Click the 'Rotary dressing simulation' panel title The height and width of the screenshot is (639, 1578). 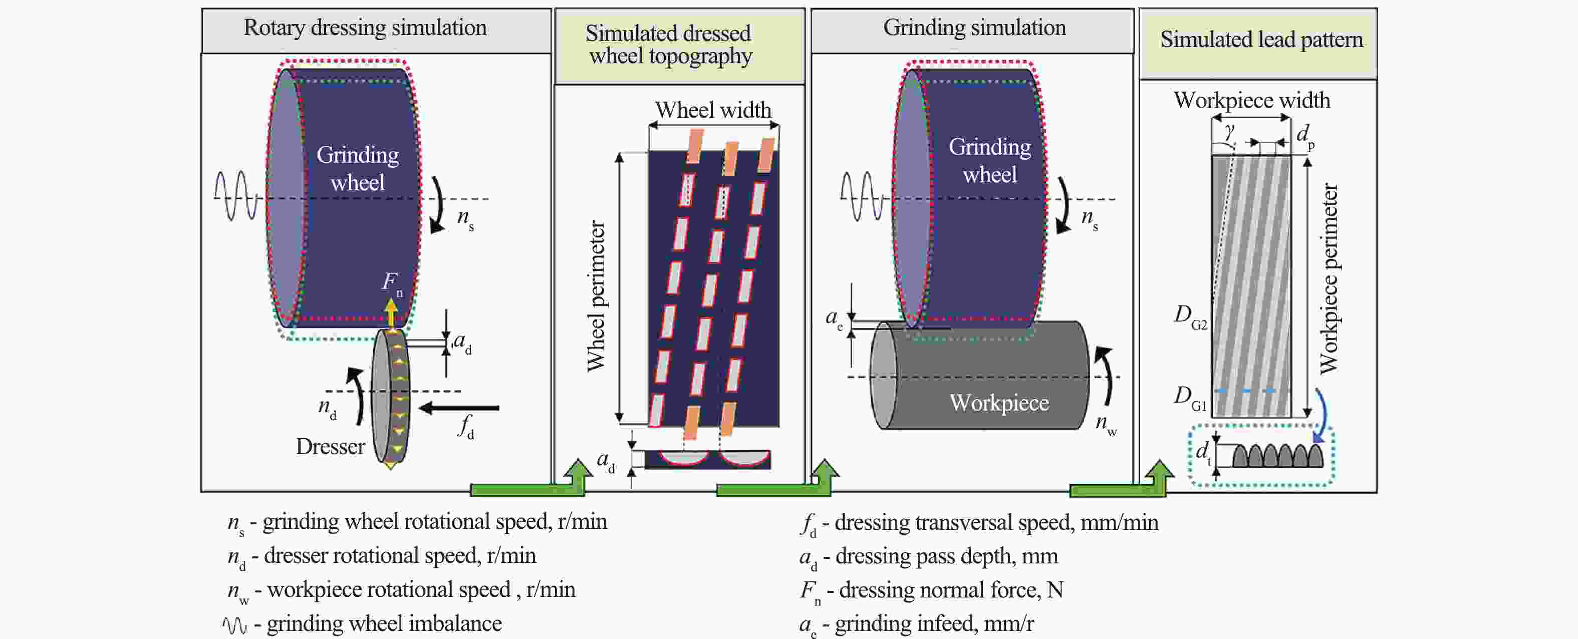click(365, 28)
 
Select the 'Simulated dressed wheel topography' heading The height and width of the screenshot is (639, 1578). click(669, 44)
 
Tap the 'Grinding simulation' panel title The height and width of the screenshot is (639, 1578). click(974, 28)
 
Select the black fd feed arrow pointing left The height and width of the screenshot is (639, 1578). click(459, 408)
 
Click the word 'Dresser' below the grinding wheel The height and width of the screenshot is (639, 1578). click(330, 447)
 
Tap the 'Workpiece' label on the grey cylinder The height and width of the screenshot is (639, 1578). click(999, 403)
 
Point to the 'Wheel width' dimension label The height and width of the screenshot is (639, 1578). click(713, 110)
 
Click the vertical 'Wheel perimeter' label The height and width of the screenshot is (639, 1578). click(596, 296)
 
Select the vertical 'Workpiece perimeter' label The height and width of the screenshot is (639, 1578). click(1329, 279)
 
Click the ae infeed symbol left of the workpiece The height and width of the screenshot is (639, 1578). click(834, 318)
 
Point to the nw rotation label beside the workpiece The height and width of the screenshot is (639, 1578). click(1106, 424)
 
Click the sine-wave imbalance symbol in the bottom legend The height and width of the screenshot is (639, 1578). click(234, 625)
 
